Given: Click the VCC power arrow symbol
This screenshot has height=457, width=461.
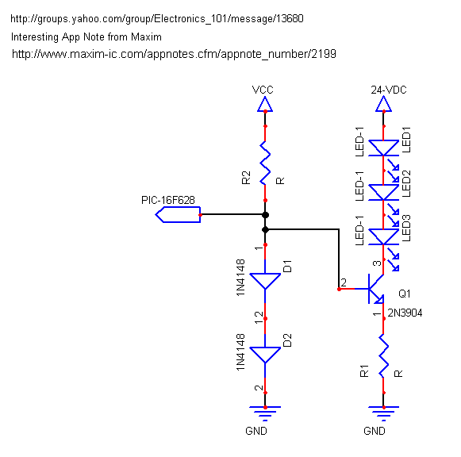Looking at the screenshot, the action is pyautogui.click(x=265, y=104).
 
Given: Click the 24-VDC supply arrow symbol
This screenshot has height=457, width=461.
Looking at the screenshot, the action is pyautogui.click(x=383, y=104).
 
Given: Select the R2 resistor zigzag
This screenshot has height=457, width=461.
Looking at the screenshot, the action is pyautogui.click(x=265, y=163).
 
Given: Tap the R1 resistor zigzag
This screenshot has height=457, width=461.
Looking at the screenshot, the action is pyautogui.click(x=383, y=356).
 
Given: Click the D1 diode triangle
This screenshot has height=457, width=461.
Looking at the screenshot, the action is pyautogui.click(x=265, y=281).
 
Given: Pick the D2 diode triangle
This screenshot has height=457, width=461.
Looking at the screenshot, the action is pyautogui.click(x=265, y=355).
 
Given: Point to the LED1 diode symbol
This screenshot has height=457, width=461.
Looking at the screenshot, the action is pyautogui.click(x=384, y=148).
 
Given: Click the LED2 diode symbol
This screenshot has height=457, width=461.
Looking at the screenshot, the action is pyautogui.click(x=384, y=193).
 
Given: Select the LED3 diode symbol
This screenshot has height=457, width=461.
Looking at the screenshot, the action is pyautogui.click(x=384, y=237).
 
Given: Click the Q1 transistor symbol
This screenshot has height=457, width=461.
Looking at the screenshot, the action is pyautogui.click(x=374, y=289).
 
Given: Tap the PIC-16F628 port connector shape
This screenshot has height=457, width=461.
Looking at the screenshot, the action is pyautogui.click(x=178, y=214).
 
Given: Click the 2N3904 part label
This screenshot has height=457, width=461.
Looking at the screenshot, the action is pyautogui.click(x=405, y=313).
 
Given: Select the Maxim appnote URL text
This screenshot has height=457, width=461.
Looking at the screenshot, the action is pyautogui.click(x=174, y=55).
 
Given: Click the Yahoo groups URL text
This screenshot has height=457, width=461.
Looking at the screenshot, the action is pyautogui.click(x=157, y=19).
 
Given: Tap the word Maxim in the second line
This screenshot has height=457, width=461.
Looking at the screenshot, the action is pyautogui.click(x=146, y=37).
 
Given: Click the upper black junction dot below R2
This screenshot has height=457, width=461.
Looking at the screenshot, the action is pyautogui.click(x=265, y=215).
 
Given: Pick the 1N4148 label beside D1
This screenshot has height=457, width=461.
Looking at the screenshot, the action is pyautogui.click(x=240, y=278).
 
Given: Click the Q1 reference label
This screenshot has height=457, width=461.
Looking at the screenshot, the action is pyautogui.click(x=405, y=294).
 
